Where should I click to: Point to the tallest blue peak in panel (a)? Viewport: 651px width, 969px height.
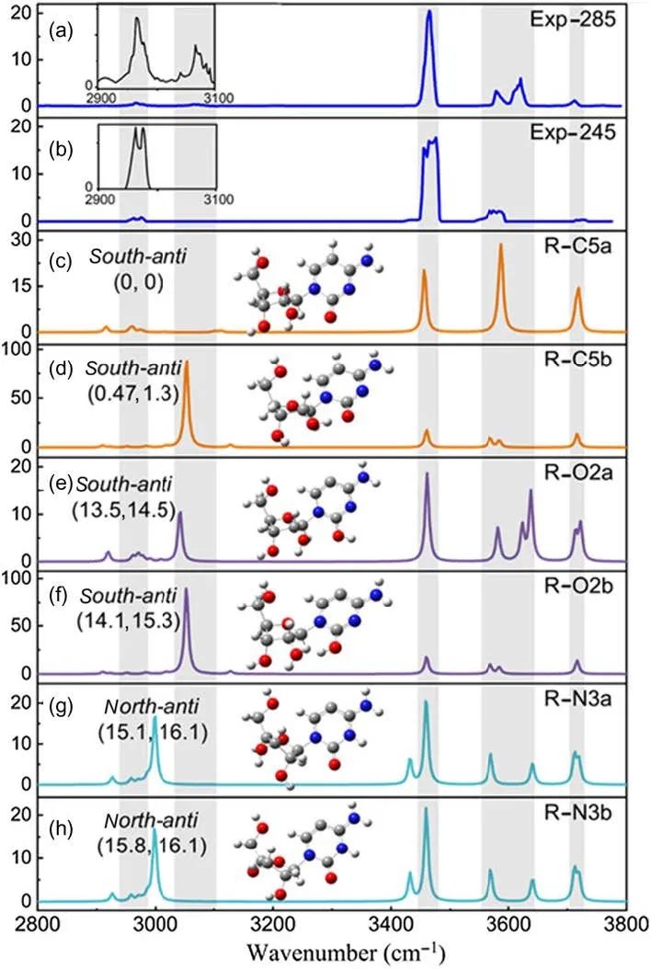click(x=428, y=14)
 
